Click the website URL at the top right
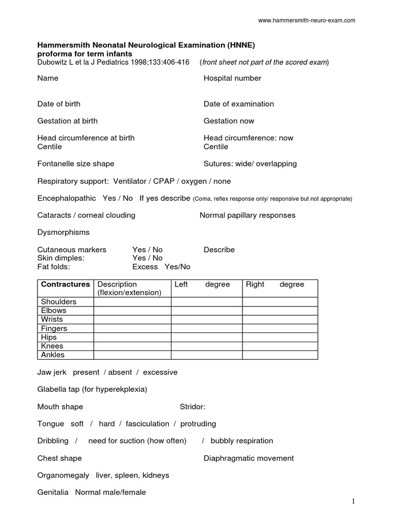point(307,20)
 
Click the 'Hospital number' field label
point(232,78)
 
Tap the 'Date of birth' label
point(59,104)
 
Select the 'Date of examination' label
point(238,104)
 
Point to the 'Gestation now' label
point(229,121)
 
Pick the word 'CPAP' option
point(164,181)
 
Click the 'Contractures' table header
point(65,284)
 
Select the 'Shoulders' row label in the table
point(58,302)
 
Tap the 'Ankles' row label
point(53,355)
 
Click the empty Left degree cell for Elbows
point(206,311)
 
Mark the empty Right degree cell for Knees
point(279,346)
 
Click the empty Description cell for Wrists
point(132,320)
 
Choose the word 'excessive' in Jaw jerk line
point(160,372)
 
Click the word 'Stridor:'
point(192,407)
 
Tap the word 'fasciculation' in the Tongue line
point(147,424)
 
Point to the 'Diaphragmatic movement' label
point(249,458)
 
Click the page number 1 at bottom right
point(353,502)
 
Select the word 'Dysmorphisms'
point(63,232)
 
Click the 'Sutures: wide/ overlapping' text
point(250,164)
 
